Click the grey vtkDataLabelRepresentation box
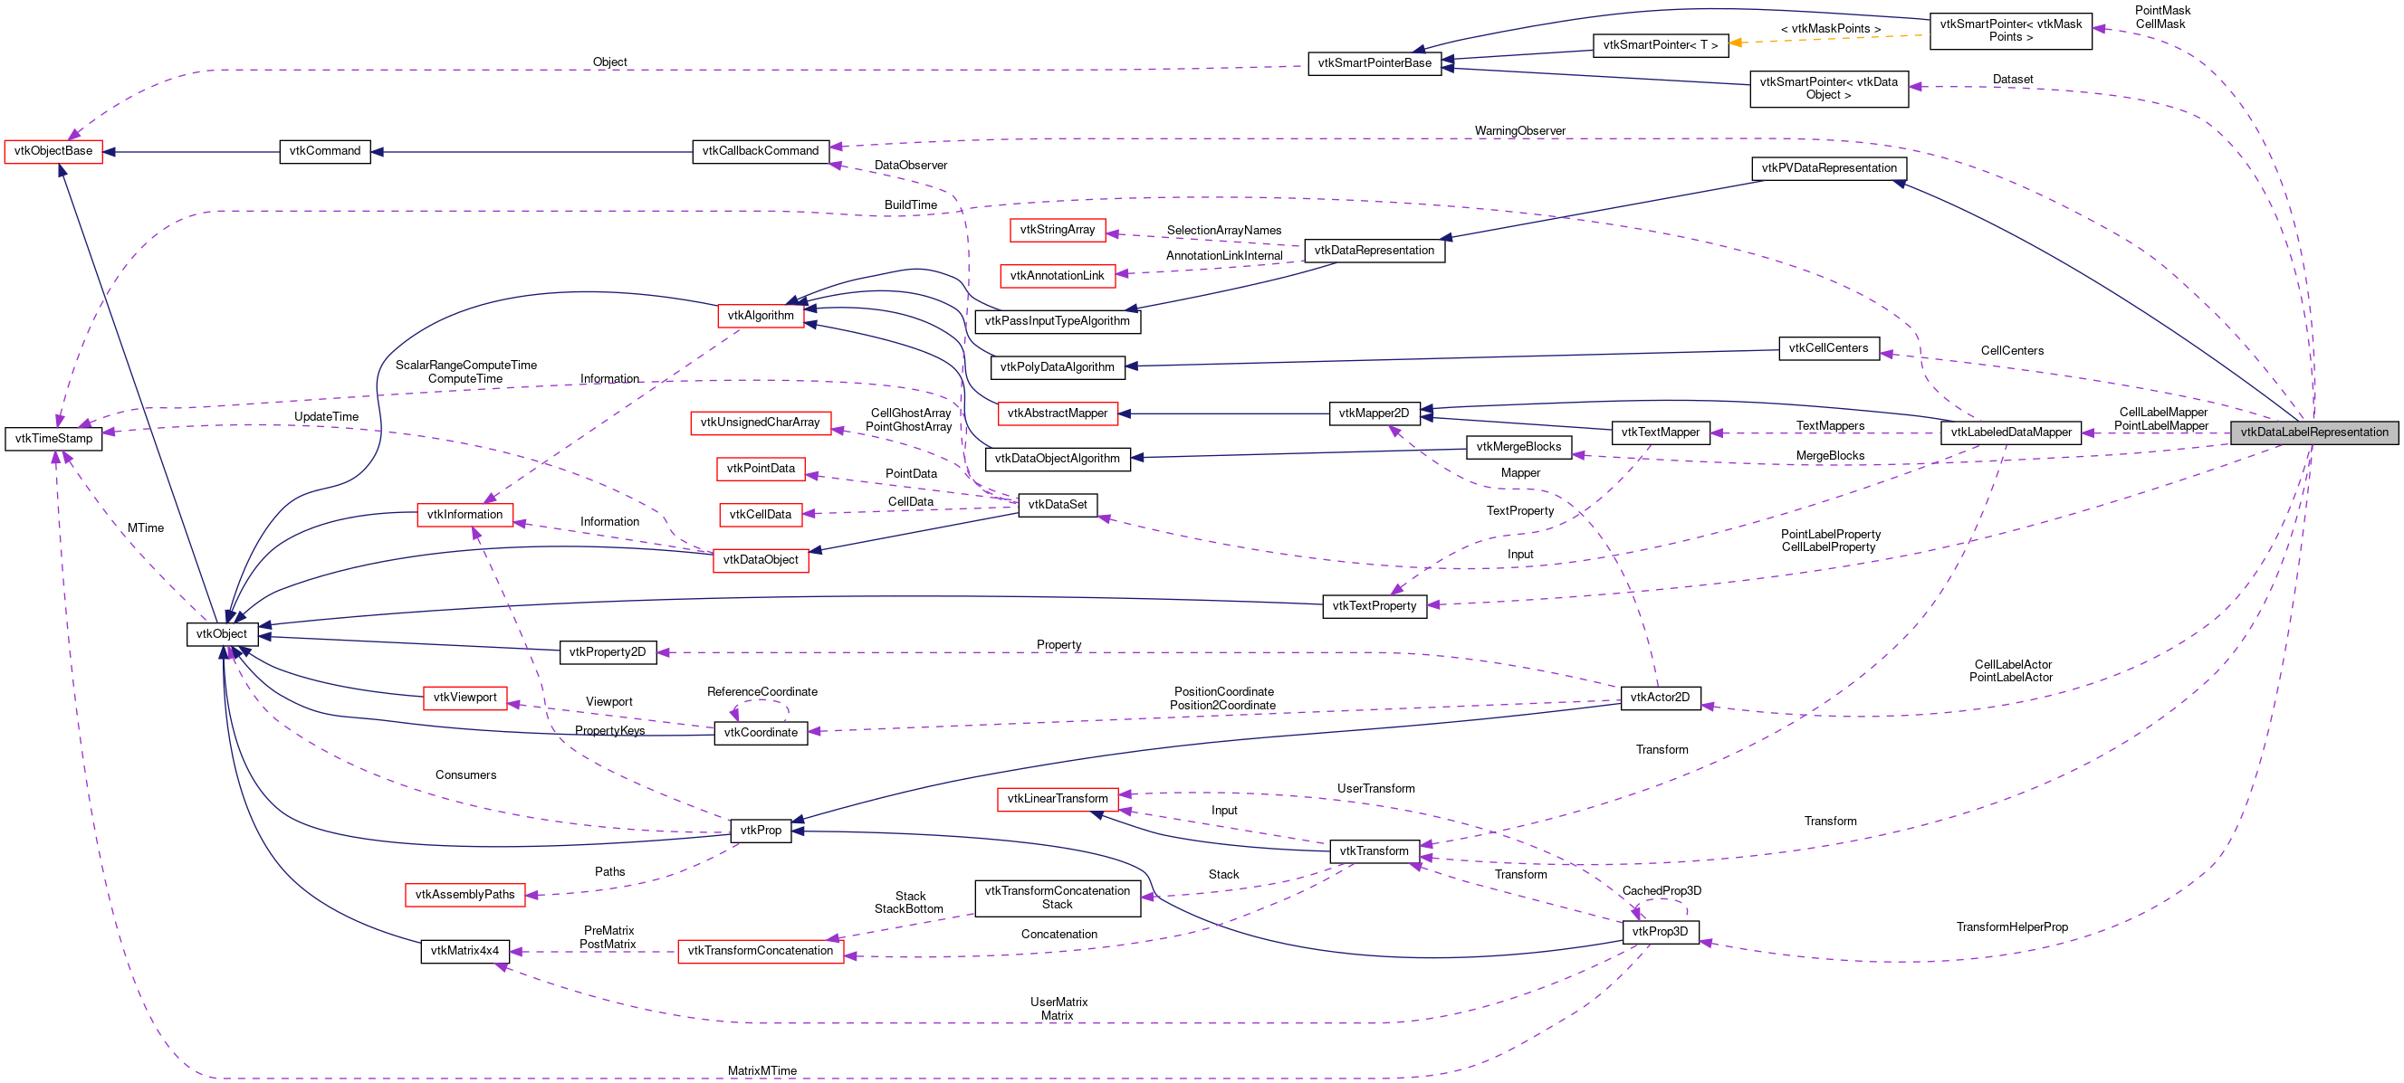pyautogui.click(x=2313, y=432)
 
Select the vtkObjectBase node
pyautogui.click(x=53, y=151)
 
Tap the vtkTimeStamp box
pyautogui.click(x=53, y=439)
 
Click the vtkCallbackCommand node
pyautogui.click(x=760, y=151)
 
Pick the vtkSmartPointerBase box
pyautogui.click(x=1374, y=63)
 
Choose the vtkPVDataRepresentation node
pyautogui.click(x=1828, y=169)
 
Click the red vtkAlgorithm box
pyautogui.click(x=760, y=315)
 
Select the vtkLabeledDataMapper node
pyautogui.click(x=2010, y=432)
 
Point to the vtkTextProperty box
pyautogui.click(x=1374, y=606)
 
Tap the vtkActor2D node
pyautogui.click(x=1661, y=698)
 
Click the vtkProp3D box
pyautogui.click(x=1660, y=932)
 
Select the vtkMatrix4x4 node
pyautogui.click(x=465, y=952)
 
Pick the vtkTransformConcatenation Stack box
pyautogui.click(x=1058, y=898)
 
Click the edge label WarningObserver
pyautogui.click(x=1519, y=130)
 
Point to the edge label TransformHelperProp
pyautogui.click(x=2012, y=927)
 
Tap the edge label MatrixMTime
pyautogui.click(x=761, y=1071)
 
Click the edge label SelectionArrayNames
pyautogui.click(x=1223, y=231)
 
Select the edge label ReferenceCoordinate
pyautogui.click(x=761, y=692)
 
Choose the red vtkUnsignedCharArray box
pyautogui.click(x=760, y=423)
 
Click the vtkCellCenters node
pyautogui.click(x=1828, y=349)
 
